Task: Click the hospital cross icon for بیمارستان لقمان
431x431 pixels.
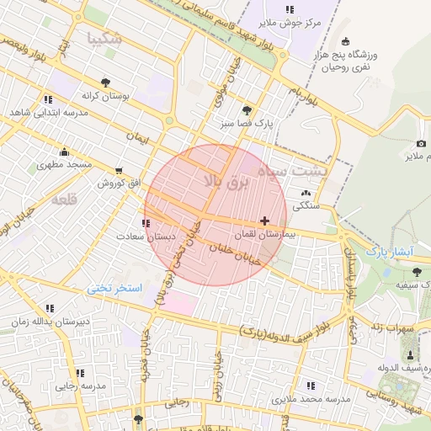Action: point(265,221)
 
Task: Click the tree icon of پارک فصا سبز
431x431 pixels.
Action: point(247,110)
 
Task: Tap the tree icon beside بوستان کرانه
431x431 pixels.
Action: point(105,82)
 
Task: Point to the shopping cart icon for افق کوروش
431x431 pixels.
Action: point(118,171)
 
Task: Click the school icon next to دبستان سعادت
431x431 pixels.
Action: point(147,223)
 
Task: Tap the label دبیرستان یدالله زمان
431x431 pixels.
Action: point(50,322)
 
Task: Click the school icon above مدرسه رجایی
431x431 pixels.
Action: point(80,372)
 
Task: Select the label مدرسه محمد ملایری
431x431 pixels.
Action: point(315,396)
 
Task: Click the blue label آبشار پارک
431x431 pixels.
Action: point(386,252)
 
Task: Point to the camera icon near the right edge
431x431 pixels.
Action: point(421,144)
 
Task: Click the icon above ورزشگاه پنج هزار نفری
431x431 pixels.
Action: point(346,42)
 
